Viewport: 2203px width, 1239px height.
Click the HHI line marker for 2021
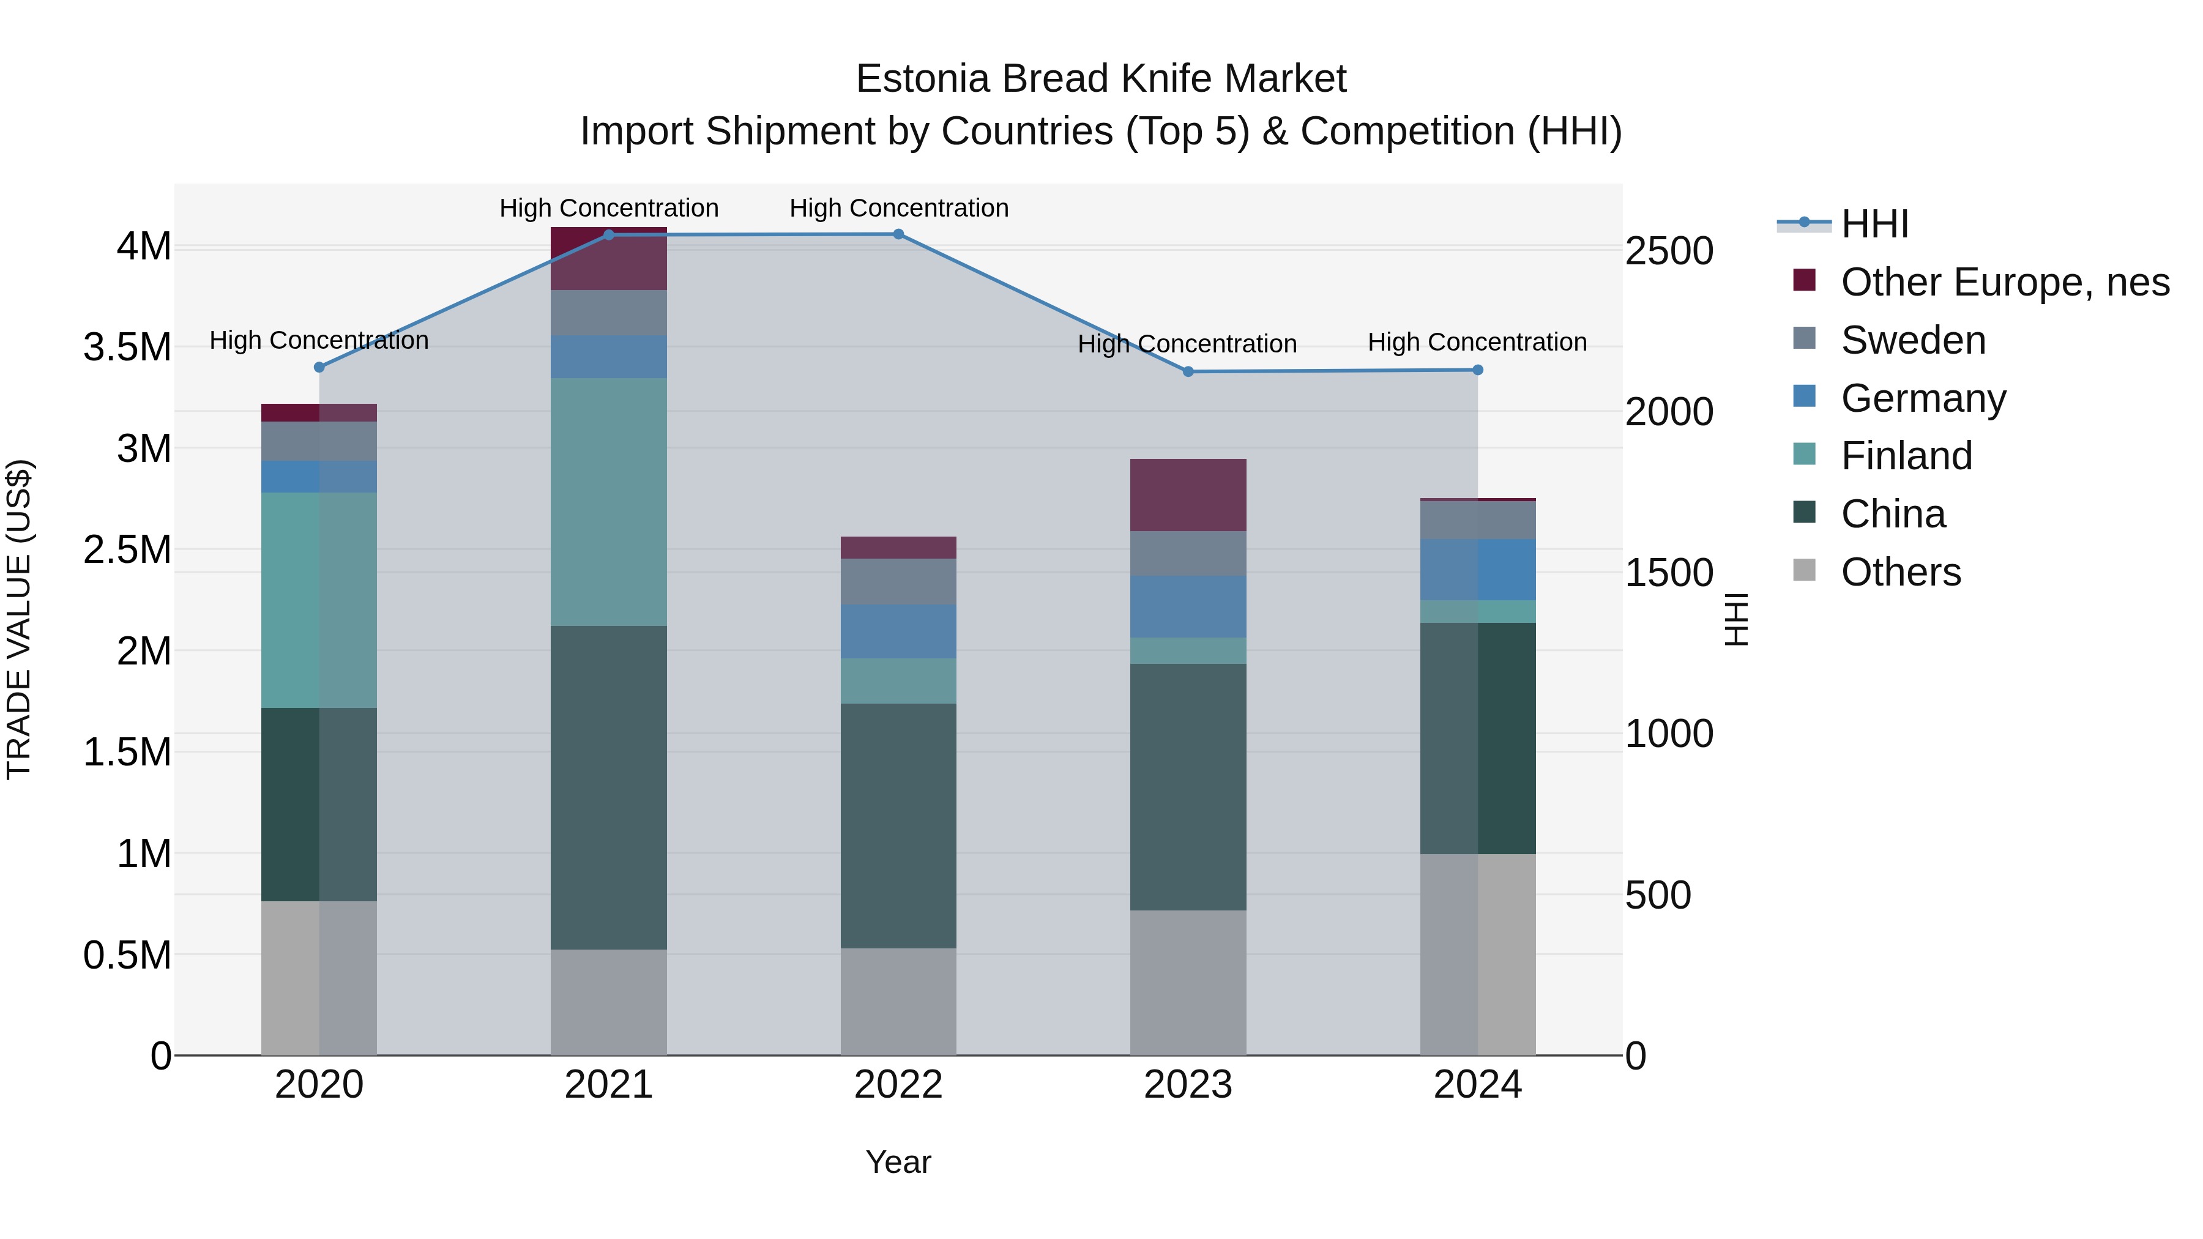[x=609, y=235]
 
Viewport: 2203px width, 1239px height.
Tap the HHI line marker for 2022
[x=898, y=234]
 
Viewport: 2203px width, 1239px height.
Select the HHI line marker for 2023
[x=1188, y=372]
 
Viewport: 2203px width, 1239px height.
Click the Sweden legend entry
[x=1913, y=340]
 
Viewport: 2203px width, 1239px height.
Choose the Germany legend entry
[x=1923, y=398]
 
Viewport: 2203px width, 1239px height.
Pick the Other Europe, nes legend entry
[x=2005, y=282]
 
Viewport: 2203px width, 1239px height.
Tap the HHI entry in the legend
[x=1874, y=224]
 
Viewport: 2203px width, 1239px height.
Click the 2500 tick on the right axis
[x=1669, y=251]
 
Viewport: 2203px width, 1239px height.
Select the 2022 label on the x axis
[x=898, y=1085]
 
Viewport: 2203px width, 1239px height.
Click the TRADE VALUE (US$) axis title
[x=19, y=619]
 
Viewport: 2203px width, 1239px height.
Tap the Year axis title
[x=898, y=1162]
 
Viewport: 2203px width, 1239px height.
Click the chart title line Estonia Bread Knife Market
[x=1101, y=79]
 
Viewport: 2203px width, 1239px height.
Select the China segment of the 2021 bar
[x=609, y=787]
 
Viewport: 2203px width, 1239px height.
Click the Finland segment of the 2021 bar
[x=609, y=502]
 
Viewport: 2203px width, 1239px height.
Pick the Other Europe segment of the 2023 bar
[x=1188, y=495]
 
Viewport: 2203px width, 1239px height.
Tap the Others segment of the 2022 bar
[x=898, y=1001]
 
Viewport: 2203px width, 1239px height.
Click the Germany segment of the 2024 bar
[x=1478, y=570]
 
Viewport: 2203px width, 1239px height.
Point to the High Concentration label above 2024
[x=1477, y=342]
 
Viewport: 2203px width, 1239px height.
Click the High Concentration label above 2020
[x=319, y=340]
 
